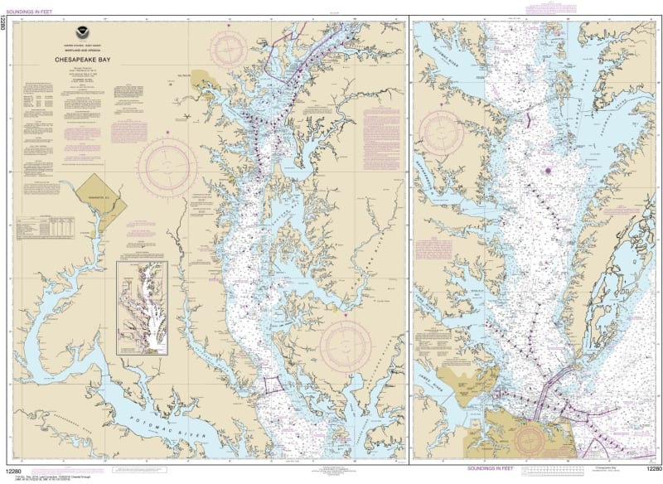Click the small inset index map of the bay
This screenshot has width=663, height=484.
pos(142,304)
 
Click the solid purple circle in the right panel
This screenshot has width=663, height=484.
pos(547,171)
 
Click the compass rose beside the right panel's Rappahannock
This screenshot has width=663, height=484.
pos(443,132)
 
